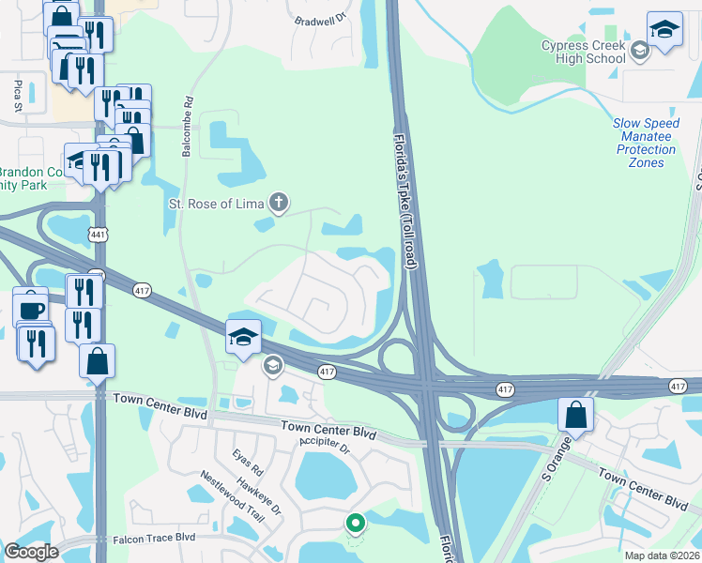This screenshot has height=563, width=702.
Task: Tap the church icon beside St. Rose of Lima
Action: click(x=278, y=202)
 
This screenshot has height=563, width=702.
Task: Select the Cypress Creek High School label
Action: click(x=583, y=52)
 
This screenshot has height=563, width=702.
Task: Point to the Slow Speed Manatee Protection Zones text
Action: click(x=645, y=143)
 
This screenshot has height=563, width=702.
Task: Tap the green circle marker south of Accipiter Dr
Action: click(x=355, y=523)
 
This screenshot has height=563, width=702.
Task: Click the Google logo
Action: click(x=31, y=552)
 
